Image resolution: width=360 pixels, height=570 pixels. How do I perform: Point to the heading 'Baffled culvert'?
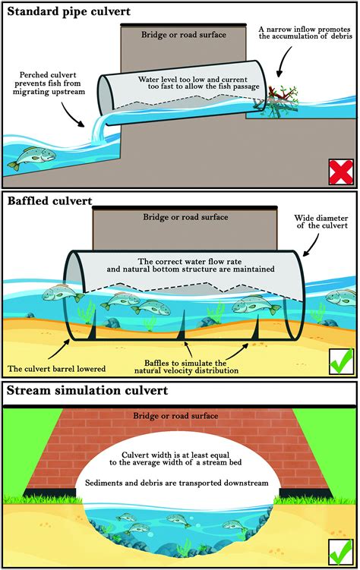(49, 201)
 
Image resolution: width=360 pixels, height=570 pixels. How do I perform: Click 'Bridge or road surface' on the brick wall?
(180, 417)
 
